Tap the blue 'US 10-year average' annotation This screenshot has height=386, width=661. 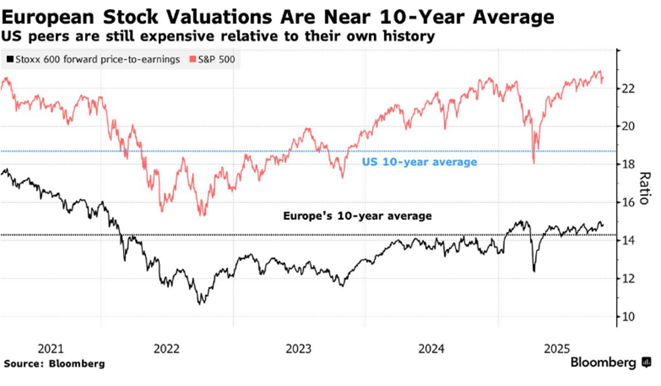420,162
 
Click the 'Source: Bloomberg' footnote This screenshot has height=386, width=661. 54,364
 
